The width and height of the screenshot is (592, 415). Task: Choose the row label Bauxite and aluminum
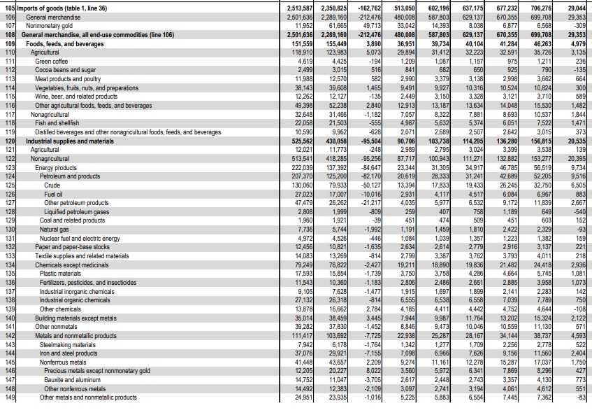point(71,379)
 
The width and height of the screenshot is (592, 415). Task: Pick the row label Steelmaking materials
point(68,344)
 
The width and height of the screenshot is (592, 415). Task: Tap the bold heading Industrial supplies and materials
point(70,141)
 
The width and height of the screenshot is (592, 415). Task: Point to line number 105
point(8,8)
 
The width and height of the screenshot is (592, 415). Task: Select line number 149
point(8,398)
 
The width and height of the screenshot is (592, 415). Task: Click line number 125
point(8,176)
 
